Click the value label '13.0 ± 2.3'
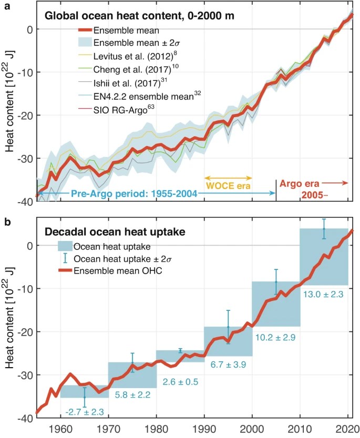[x=323, y=295]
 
